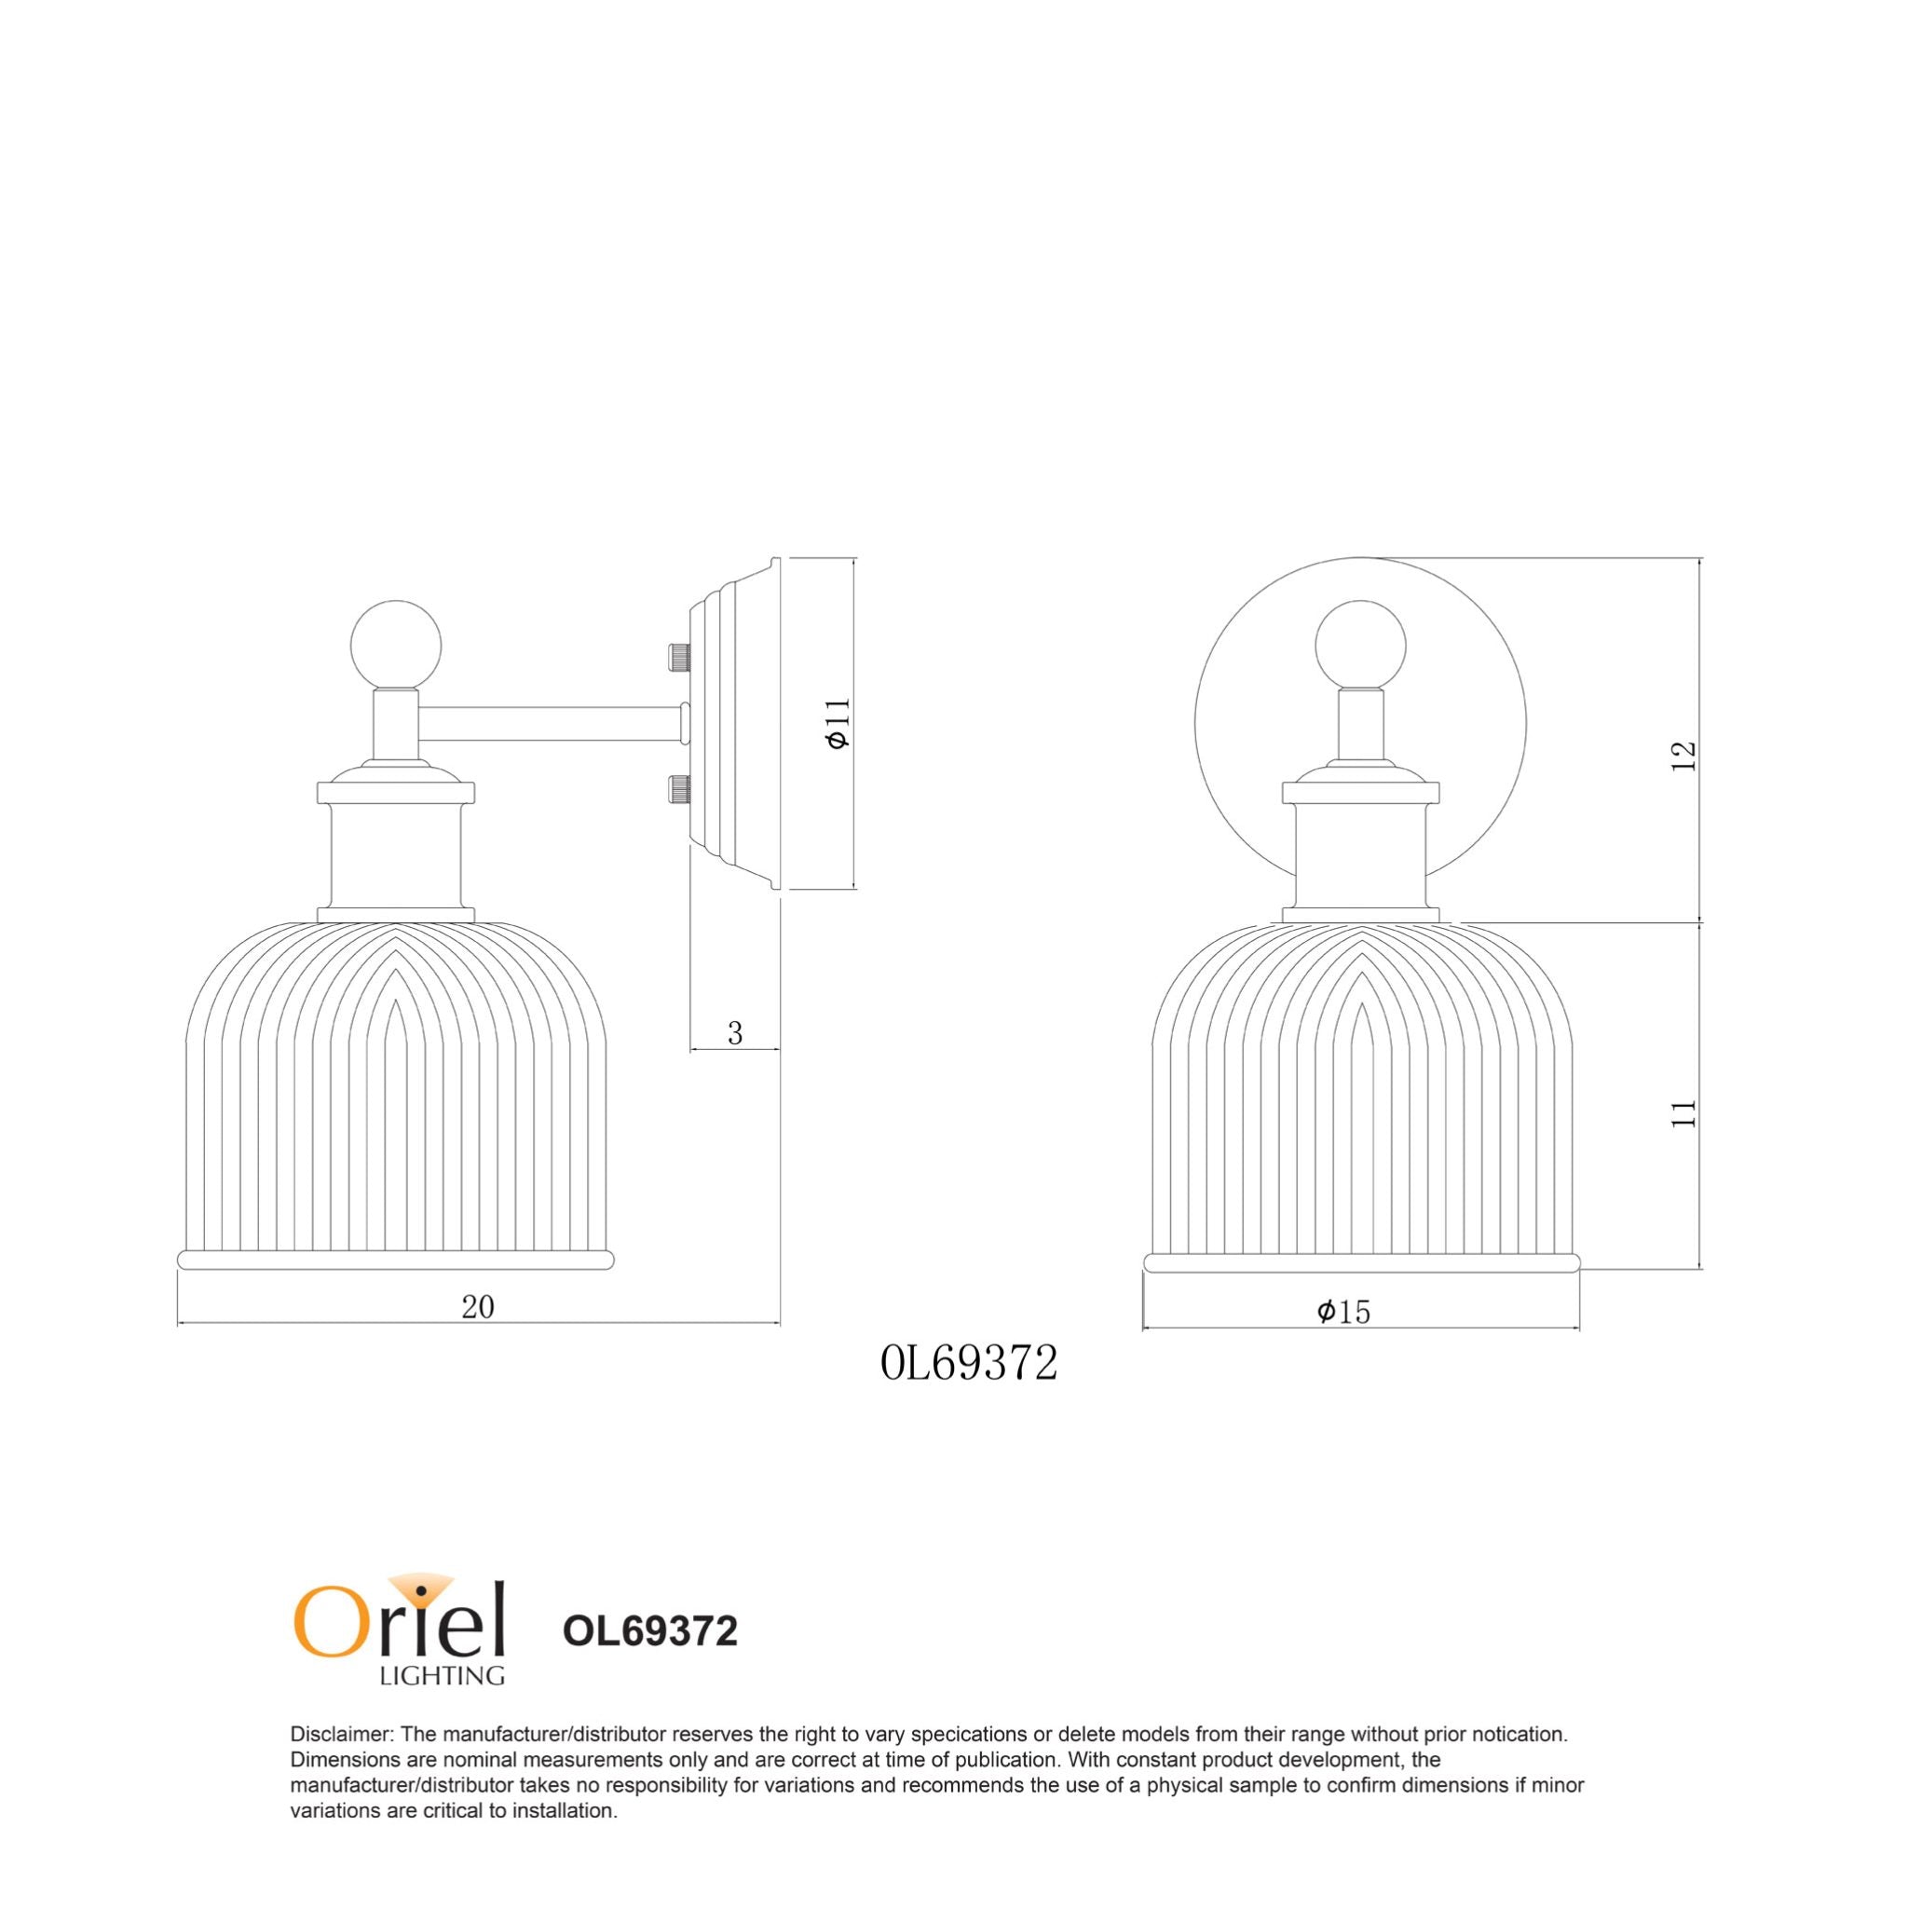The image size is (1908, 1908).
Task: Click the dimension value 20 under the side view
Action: [x=477, y=1306]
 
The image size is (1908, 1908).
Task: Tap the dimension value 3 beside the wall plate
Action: [x=735, y=1033]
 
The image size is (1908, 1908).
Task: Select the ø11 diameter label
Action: [x=838, y=723]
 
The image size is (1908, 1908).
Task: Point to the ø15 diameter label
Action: [x=1344, y=1312]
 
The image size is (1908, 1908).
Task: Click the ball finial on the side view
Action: [x=396, y=645]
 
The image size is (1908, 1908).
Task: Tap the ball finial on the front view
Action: [x=1360, y=645]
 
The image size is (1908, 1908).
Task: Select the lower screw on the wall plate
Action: [x=679, y=788]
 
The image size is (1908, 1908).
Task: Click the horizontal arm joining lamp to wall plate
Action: [x=549, y=722]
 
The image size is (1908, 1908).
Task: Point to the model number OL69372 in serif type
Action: [x=969, y=1364]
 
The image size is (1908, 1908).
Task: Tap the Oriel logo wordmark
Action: [x=399, y=1626]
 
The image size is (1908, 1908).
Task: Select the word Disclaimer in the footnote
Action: [x=342, y=1734]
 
